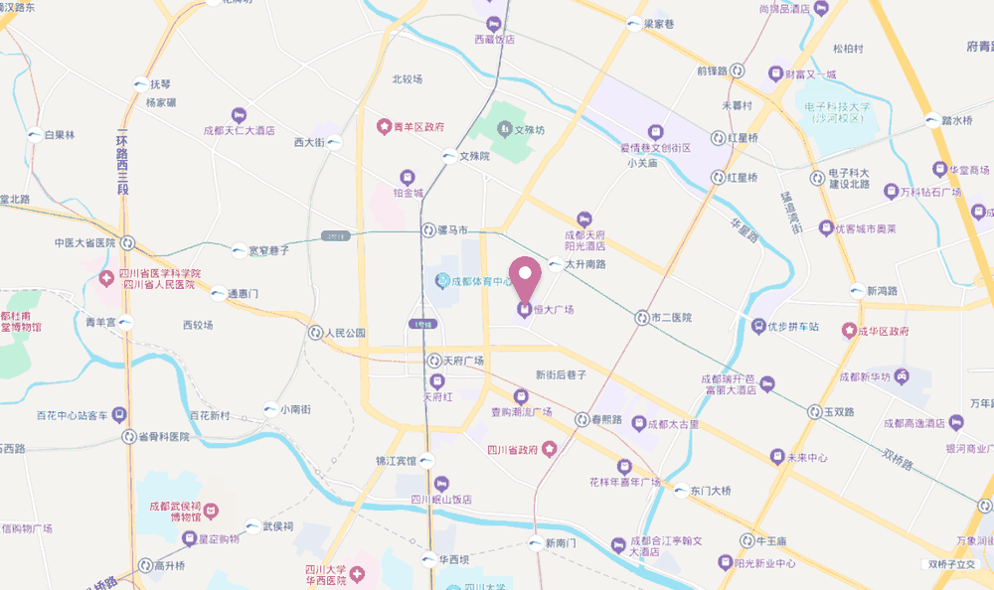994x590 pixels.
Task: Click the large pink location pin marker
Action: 525,275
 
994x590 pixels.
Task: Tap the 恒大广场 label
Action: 553,310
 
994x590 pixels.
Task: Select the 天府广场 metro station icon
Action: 433,361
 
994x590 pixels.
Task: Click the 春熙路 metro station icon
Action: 581,419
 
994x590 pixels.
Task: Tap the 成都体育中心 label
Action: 481,281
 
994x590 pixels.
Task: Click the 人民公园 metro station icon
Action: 315,333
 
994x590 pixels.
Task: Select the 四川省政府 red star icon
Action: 548,449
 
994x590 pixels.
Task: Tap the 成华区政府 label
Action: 884,329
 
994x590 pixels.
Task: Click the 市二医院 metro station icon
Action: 642,318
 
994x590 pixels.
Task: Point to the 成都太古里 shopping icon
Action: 637,424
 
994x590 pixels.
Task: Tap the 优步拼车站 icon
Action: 758,326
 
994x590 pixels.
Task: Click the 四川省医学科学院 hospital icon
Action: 106,279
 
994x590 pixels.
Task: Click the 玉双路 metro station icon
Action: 815,411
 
